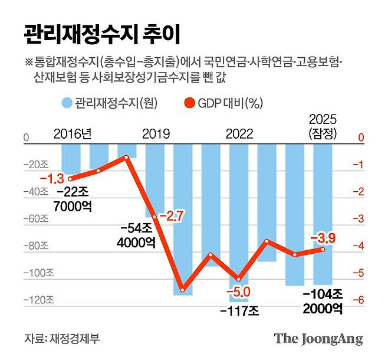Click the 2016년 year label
coord(73,132)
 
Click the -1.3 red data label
coord(51,177)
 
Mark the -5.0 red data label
coord(239,291)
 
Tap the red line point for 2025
coord(323,249)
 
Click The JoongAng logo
coord(318,339)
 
